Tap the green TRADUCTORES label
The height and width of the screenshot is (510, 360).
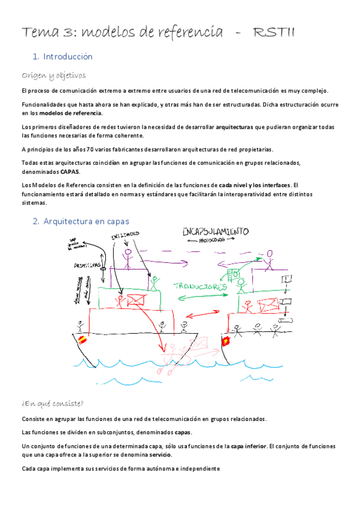pos(200,287)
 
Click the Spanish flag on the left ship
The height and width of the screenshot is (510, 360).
pos(81,339)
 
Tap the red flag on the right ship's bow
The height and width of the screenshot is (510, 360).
pos(227,341)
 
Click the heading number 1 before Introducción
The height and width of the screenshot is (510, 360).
pos(36,57)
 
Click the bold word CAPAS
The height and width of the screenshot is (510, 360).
pos(70,171)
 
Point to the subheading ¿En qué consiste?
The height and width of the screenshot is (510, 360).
pos(52,403)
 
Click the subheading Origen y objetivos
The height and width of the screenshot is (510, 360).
pos(53,76)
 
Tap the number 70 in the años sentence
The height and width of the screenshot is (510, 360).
pos(91,149)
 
